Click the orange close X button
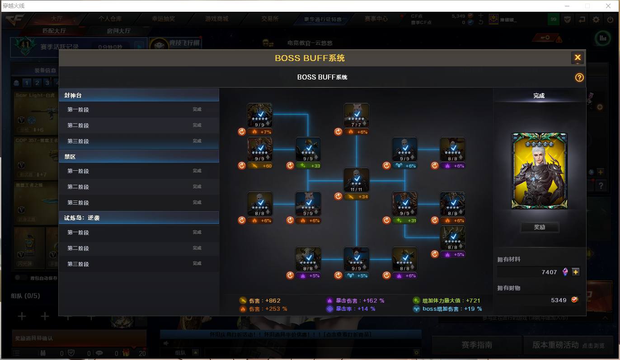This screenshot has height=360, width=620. pyautogui.click(x=578, y=58)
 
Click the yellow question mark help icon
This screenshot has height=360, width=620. pyautogui.click(x=579, y=78)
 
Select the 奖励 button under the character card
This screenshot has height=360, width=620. pyautogui.click(x=540, y=227)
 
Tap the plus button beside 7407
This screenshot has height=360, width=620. pyautogui.click(x=576, y=272)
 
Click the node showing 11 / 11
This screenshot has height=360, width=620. pyautogui.click(x=357, y=180)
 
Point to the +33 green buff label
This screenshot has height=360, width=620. pyautogui.click(x=312, y=166)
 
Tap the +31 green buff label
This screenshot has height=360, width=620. pyautogui.click(x=409, y=221)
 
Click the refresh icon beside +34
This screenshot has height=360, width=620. pyautogui.click(x=338, y=196)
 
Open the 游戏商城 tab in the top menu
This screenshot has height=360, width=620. pyautogui.click(x=216, y=19)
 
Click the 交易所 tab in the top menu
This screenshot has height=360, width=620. pyautogui.click(x=270, y=19)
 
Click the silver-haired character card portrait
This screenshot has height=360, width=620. pyautogui.click(x=539, y=171)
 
